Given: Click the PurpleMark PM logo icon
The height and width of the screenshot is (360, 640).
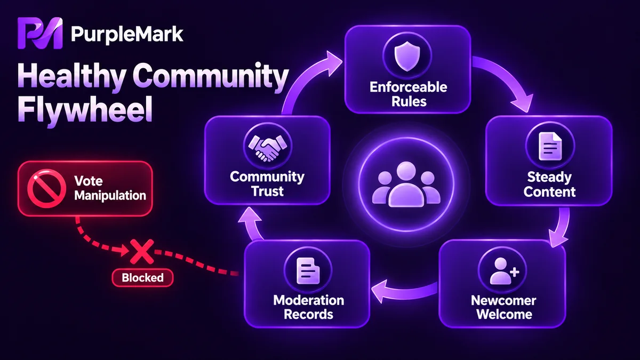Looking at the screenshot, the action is pos(40,33).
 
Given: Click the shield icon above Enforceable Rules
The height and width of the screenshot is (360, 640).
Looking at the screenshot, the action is pos(407,55).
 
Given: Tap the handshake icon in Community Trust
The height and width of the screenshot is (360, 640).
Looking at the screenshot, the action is pos(268,147).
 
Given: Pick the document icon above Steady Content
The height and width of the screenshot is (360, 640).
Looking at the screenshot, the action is pos(550,146).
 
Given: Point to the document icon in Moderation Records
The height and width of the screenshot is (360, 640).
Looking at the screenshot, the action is pos(308,271).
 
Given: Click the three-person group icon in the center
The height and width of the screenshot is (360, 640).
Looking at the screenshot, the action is pos(406,185).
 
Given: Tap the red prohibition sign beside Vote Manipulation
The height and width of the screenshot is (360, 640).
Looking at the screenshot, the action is pos(46,188).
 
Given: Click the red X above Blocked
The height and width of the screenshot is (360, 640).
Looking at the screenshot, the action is pos(142,252).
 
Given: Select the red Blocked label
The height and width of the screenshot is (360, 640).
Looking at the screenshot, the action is pos(142,278).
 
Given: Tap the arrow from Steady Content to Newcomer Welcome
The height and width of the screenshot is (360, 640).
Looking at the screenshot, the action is pos(561,229).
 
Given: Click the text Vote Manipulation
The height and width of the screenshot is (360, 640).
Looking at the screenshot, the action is pos(110,188).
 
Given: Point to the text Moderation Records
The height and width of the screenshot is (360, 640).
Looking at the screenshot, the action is pos(309,307).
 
